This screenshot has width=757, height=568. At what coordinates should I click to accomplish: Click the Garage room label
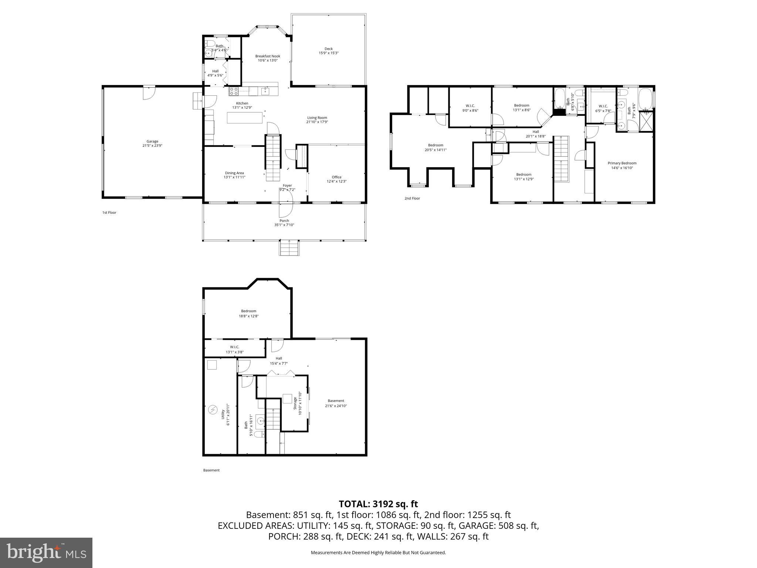click(x=152, y=141)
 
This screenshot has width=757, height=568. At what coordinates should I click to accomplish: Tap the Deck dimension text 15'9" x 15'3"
click(x=329, y=53)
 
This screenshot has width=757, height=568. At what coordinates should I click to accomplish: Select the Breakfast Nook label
click(x=268, y=56)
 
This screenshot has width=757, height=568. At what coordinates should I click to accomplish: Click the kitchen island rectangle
click(x=245, y=118)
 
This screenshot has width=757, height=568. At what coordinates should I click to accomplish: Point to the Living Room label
click(x=317, y=118)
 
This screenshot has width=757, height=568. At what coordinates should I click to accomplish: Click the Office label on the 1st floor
click(x=336, y=177)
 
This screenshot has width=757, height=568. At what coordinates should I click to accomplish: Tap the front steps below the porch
click(x=289, y=247)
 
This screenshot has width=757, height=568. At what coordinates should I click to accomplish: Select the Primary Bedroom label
click(x=622, y=163)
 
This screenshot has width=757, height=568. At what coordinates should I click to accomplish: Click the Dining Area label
click(x=234, y=173)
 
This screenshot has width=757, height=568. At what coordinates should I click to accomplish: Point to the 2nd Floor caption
click(x=412, y=199)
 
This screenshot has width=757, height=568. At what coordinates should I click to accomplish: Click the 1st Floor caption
click(x=109, y=213)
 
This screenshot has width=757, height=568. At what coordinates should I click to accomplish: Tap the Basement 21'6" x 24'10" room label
click(x=336, y=401)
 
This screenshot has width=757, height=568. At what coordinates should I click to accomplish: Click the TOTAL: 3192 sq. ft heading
click(x=378, y=504)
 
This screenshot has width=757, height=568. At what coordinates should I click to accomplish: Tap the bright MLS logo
click(x=46, y=552)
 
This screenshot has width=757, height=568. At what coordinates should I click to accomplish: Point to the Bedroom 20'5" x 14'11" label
click(x=435, y=145)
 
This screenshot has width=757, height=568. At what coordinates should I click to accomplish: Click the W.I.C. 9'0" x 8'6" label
click(x=470, y=106)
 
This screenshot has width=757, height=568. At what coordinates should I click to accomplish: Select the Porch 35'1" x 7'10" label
click(x=284, y=221)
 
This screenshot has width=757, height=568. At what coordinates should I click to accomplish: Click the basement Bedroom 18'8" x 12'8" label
click(x=248, y=311)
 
